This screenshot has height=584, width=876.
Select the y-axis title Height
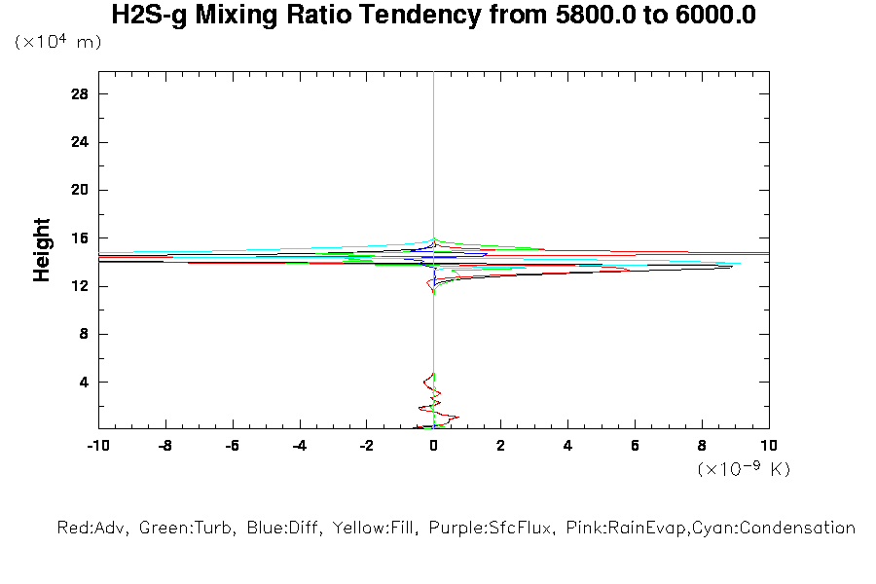click(x=42, y=250)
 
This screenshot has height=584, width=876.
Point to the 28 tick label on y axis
click(x=80, y=94)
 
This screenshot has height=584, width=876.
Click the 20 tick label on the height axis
click(x=80, y=191)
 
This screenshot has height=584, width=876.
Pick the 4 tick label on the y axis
click(x=84, y=383)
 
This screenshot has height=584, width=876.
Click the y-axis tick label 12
click(x=80, y=286)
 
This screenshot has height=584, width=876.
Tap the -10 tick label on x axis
click(x=97, y=445)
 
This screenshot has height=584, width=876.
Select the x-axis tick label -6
click(x=232, y=445)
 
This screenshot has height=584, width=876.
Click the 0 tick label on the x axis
click(x=433, y=445)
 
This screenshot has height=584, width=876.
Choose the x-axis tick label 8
click(x=702, y=445)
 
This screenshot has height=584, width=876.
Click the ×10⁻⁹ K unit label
click(x=745, y=469)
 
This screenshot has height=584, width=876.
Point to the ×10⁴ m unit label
click(x=57, y=43)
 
